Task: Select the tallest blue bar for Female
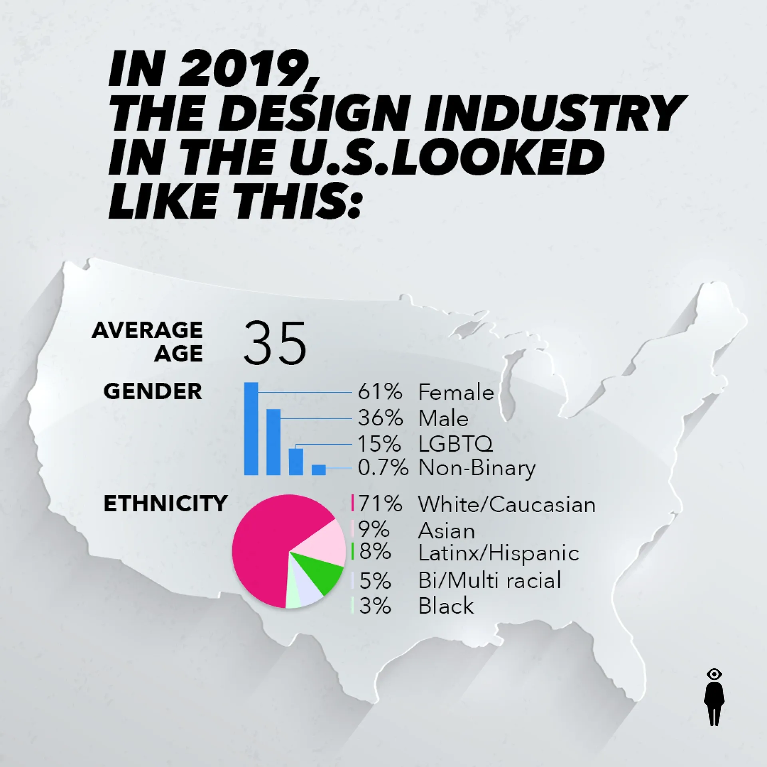[x=251, y=429]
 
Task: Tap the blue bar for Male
[x=273, y=442]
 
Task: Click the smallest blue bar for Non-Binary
[x=318, y=470]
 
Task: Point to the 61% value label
[x=380, y=392]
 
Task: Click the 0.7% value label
[x=383, y=468]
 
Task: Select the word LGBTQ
[x=455, y=444]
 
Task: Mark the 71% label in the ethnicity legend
[x=380, y=504]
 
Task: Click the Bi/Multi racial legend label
[x=489, y=580]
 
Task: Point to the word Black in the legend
[x=446, y=606]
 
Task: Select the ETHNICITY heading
[x=165, y=504]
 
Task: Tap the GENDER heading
[x=153, y=391]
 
